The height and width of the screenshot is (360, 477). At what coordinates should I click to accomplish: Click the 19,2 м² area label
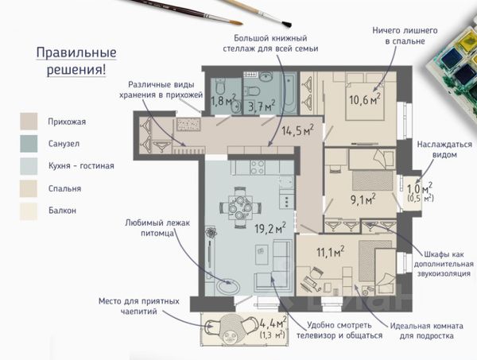tap(270, 228)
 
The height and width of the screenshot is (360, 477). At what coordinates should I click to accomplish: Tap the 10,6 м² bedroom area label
tap(365, 99)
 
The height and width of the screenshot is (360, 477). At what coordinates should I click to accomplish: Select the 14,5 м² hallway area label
tap(297, 130)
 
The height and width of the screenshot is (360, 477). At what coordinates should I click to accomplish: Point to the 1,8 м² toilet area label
tap(223, 100)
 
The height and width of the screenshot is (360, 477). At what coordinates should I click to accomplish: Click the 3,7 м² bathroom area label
tap(262, 106)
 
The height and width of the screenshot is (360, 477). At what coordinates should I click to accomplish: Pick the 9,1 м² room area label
tap(363, 199)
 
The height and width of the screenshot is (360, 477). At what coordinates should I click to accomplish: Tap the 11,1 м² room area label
tap(331, 252)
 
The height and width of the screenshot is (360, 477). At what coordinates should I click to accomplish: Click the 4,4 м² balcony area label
tap(273, 323)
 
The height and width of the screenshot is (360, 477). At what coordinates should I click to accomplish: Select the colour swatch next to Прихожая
tap(29, 122)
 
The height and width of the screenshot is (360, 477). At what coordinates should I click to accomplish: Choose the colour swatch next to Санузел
tap(29, 144)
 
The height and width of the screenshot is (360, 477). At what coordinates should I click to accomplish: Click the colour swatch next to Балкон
tap(29, 211)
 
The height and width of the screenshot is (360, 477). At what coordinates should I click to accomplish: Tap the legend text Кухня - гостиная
tap(81, 166)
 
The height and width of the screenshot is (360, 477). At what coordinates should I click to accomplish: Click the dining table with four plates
tap(240, 207)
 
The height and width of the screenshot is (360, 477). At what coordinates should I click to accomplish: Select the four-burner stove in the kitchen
tap(258, 167)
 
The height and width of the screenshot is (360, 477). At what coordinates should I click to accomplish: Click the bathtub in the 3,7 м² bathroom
tap(289, 92)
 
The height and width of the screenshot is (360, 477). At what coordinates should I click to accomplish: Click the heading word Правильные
tap(76, 52)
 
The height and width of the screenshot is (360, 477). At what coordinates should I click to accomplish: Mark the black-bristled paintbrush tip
tap(286, 24)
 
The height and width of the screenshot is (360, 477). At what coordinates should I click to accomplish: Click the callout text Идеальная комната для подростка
tap(426, 331)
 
